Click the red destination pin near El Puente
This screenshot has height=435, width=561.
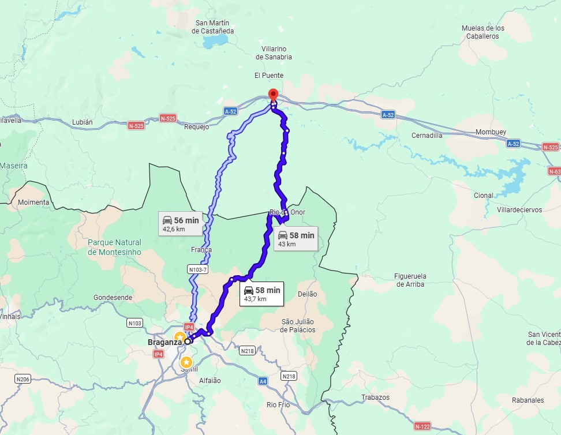click(274, 95)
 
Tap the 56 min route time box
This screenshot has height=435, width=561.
click(180, 224)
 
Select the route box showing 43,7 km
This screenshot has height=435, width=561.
click(261, 294)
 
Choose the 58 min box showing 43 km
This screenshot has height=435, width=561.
click(296, 239)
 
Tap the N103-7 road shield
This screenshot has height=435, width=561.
click(198, 269)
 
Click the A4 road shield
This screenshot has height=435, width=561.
click(263, 381)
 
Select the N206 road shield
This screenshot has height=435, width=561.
click(23, 378)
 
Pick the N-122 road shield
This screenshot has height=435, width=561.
click(422, 426)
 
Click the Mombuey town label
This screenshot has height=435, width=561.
click(491, 132)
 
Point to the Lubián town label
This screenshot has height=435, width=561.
click(82, 122)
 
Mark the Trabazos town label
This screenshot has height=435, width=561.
click(375, 397)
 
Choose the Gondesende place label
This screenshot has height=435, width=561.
click(113, 298)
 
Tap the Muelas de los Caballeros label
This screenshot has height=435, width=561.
click(483, 32)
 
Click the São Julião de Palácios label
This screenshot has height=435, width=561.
click(298, 325)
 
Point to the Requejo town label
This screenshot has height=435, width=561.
click(196, 127)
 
